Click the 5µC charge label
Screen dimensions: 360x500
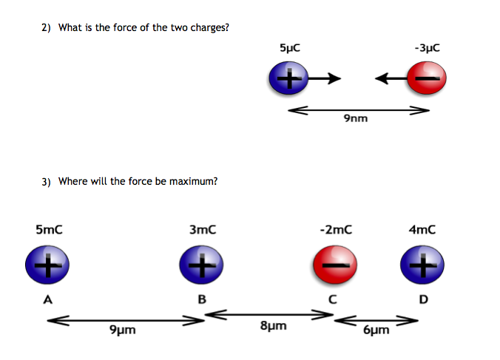pos(290,47)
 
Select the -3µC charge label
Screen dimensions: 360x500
pos(428,47)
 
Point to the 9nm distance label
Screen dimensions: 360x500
pos(356,119)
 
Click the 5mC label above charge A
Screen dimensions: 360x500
pos(49,230)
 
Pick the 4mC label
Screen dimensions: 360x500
pos(422,230)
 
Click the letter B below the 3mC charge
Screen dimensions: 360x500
pos(200,299)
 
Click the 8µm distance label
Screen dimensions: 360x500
pos(274,326)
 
